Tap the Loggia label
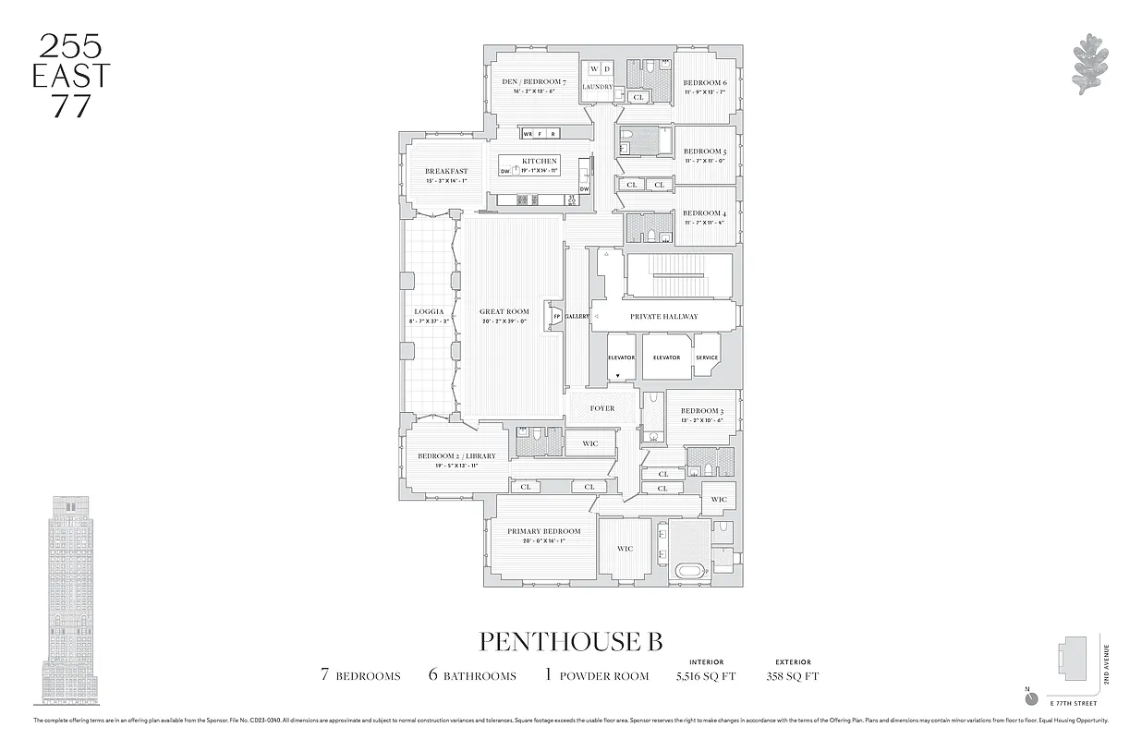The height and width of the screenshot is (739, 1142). (x=417, y=311)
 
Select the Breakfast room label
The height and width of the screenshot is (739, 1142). (x=446, y=171)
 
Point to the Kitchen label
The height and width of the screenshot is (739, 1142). (x=541, y=161)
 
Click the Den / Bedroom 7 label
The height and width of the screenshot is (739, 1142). (x=533, y=82)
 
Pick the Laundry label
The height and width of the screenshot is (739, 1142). (x=598, y=87)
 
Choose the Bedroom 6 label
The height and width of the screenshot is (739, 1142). (x=705, y=83)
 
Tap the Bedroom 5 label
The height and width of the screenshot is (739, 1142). (x=705, y=151)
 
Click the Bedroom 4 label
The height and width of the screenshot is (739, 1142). (x=705, y=213)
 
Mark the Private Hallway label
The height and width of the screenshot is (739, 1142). (x=663, y=316)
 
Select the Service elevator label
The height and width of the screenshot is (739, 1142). (x=707, y=357)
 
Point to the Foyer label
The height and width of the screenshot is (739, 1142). (x=601, y=408)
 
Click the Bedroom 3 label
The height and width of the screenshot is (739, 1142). (x=701, y=411)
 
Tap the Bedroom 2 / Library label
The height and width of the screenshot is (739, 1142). (x=456, y=455)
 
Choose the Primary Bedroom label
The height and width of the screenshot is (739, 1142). (x=543, y=531)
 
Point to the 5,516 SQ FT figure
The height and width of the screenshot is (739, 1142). (x=705, y=675)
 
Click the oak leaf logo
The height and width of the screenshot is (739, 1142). (x=1091, y=65)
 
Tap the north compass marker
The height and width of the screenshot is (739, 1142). (x=1031, y=698)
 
